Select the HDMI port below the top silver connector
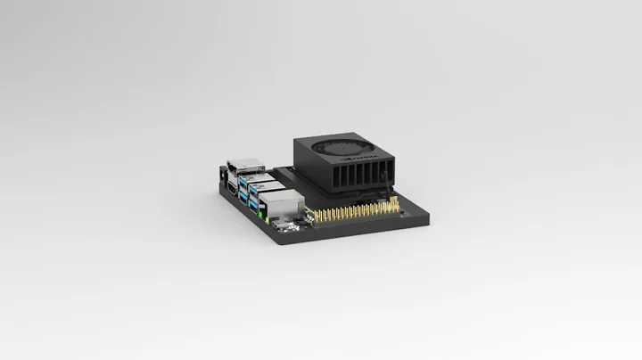pos(231,190)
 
